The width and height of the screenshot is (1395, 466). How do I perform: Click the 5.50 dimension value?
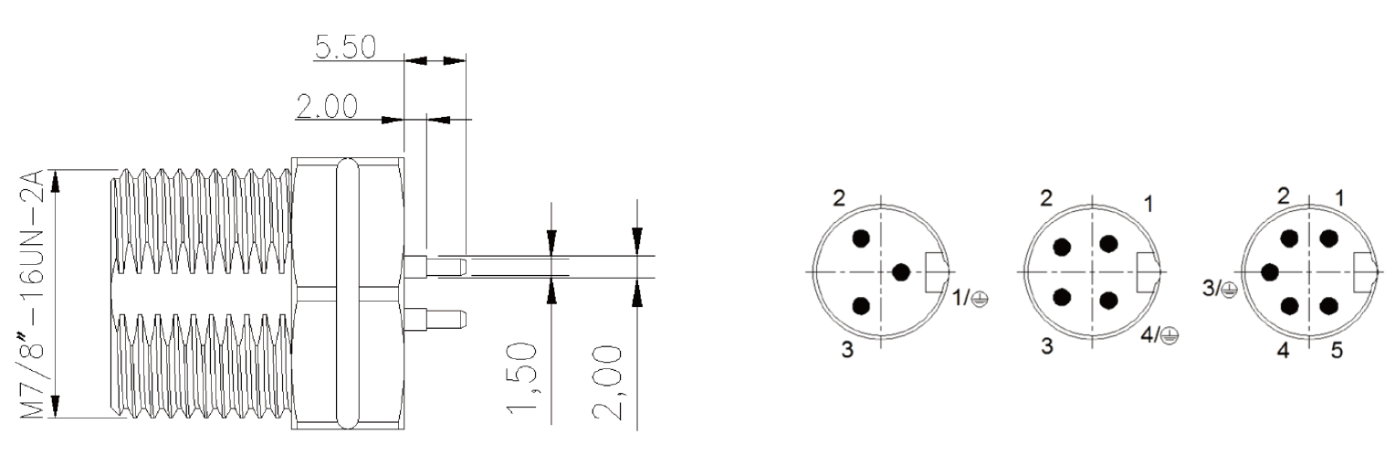pos(346,47)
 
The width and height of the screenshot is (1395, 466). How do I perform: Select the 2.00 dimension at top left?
pos(327,107)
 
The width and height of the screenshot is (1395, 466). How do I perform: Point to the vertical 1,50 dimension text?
pos(521,376)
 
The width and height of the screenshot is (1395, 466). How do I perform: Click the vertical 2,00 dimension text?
pos(607,383)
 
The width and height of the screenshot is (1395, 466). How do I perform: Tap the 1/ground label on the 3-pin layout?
pos(970,299)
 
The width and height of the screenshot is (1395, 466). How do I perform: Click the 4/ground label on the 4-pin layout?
pos(1159,335)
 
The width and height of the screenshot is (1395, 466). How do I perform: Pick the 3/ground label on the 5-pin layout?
pos(1220,289)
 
